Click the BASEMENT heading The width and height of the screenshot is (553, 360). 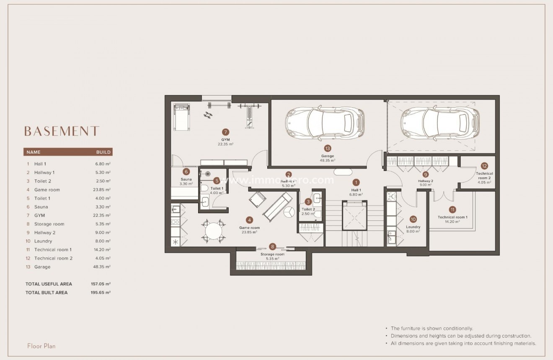click(62, 131)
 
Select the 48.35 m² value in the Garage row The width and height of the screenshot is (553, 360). click(102, 267)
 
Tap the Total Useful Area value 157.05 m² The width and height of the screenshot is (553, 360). click(101, 284)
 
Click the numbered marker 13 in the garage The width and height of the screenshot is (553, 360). click(328, 148)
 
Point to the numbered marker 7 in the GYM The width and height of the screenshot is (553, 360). click(225, 132)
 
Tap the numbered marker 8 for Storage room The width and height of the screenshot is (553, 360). click(273, 247)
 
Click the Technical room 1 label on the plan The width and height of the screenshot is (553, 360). click(452, 217)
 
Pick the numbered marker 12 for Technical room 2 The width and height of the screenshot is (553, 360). click(484, 166)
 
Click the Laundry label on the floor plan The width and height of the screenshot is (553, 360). click(413, 227)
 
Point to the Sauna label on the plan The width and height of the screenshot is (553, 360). click(186, 179)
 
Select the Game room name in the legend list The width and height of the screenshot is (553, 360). click(47, 190)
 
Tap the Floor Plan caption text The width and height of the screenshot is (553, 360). click(41, 346)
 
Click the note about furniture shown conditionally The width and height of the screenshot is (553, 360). click(432, 329)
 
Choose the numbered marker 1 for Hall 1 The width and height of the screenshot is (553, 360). click(356, 182)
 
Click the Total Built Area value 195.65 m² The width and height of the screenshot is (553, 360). click(101, 293)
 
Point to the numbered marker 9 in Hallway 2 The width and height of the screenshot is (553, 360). click(426, 174)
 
